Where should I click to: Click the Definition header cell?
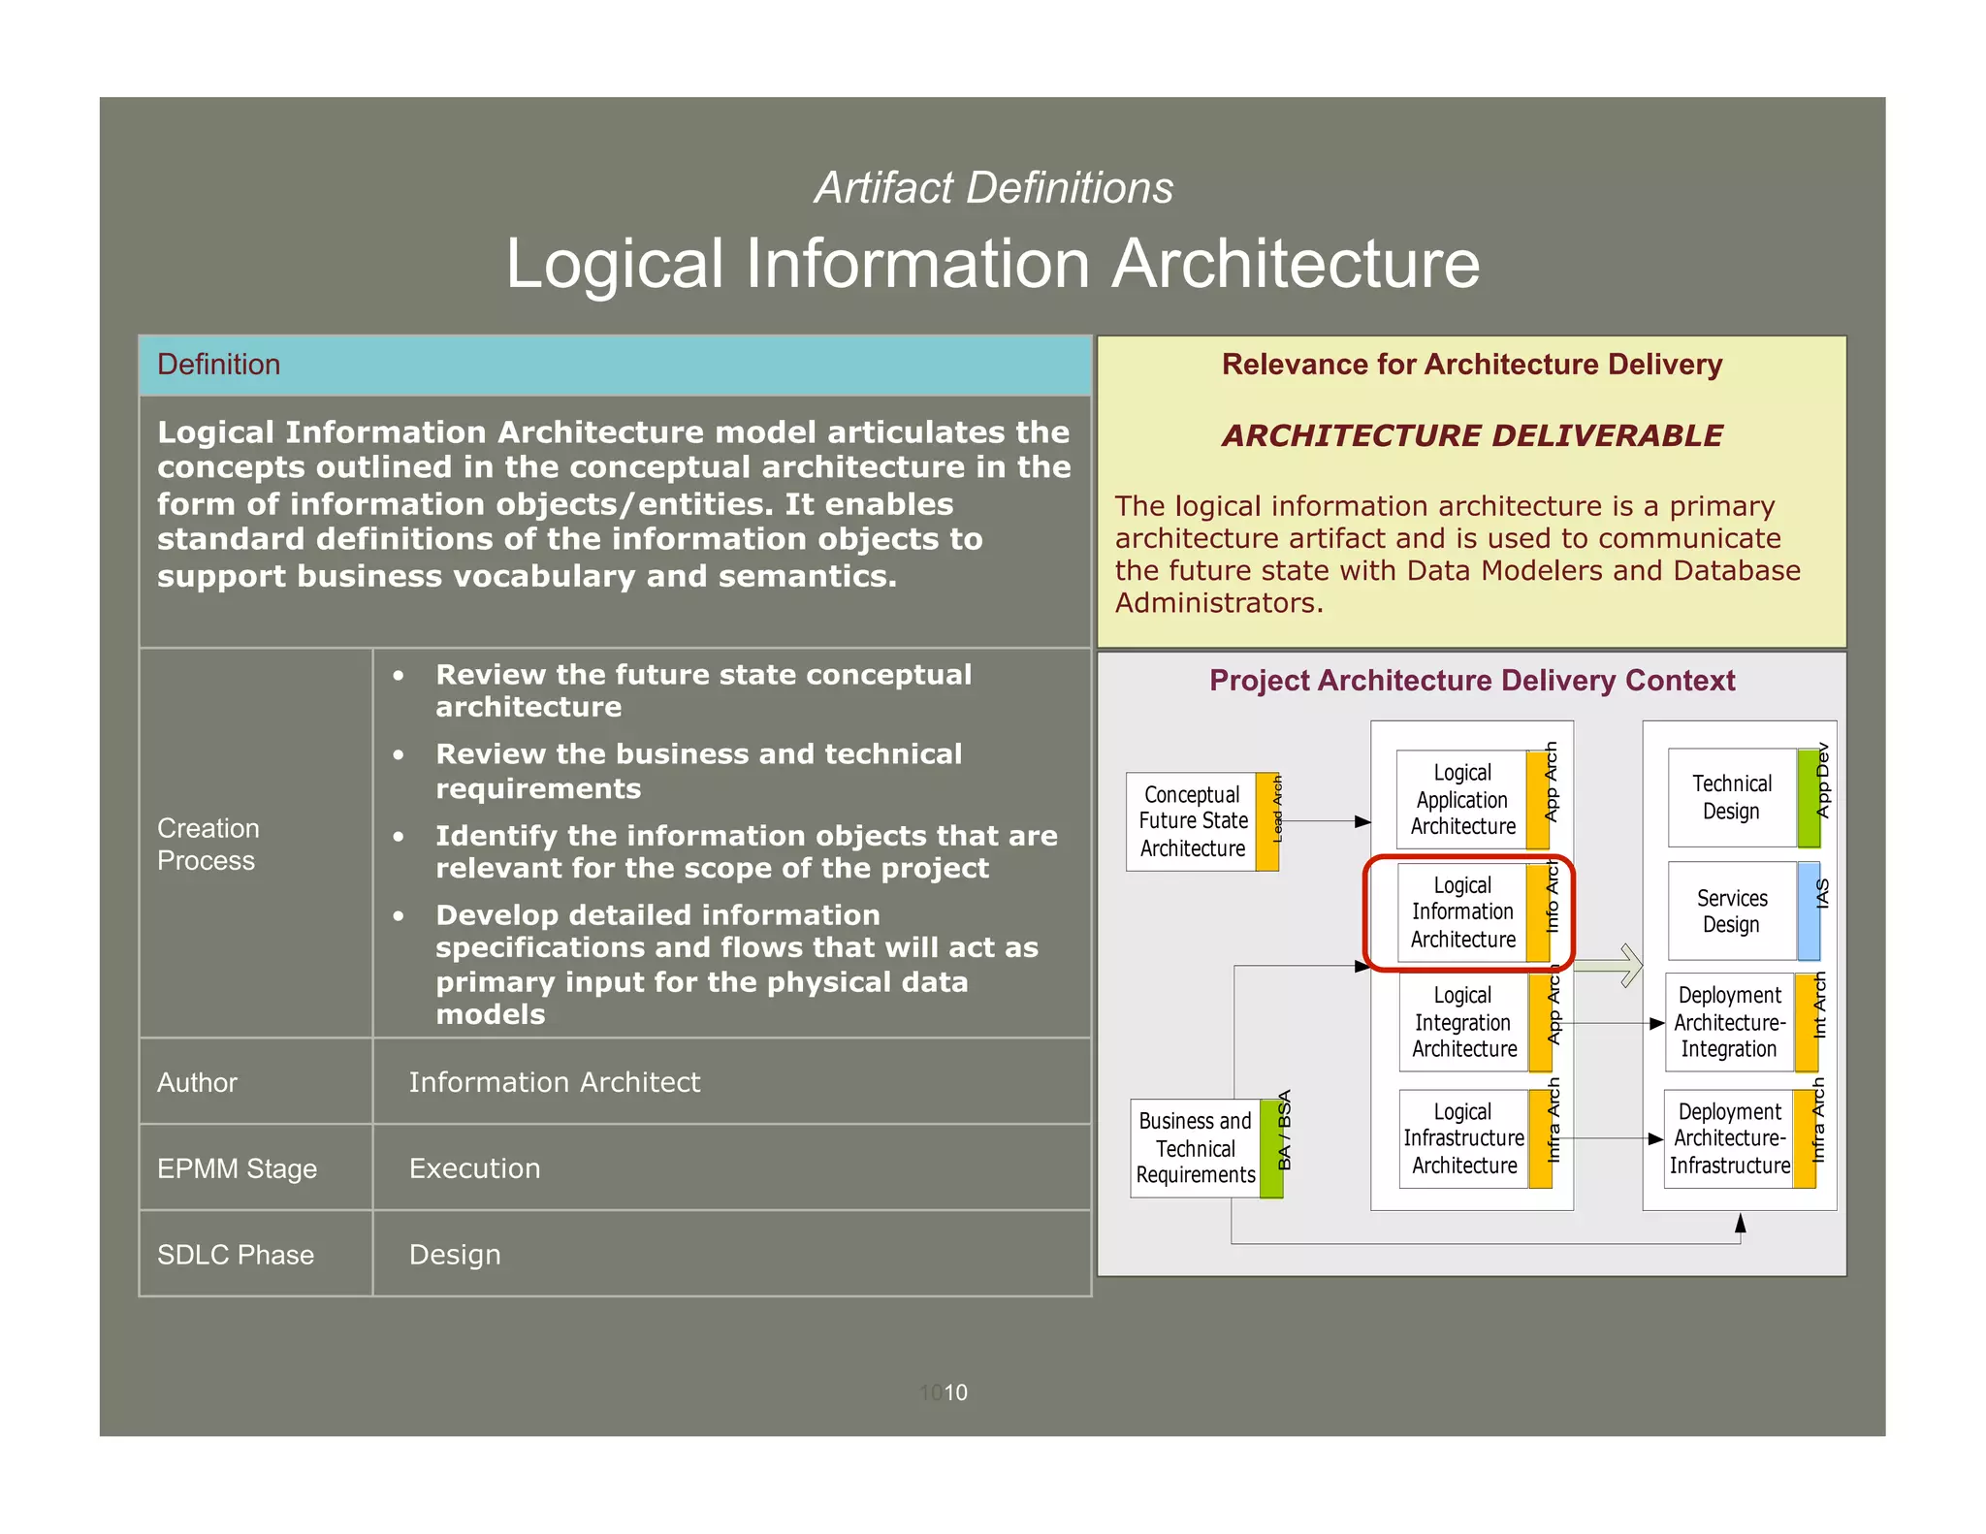pyautogui.click(x=615, y=365)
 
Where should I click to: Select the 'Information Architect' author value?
pyautogui.click(x=554, y=1082)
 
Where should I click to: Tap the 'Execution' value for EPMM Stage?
pyautogui.click(x=474, y=1168)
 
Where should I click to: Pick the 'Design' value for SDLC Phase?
pyautogui.click(x=455, y=1255)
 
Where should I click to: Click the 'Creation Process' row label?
pyautogui.click(x=208, y=844)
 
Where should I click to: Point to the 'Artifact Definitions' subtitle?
pyautogui.click(x=993, y=188)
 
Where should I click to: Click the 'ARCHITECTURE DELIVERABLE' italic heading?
pyautogui.click(x=1472, y=435)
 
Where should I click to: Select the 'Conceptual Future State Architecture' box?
pyautogui.click(x=1192, y=821)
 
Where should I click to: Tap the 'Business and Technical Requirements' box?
pyautogui.click(x=1195, y=1148)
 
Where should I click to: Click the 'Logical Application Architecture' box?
pyautogui.click(x=1462, y=800)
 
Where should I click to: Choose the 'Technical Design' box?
pyautogui.click(x=1731, y=797)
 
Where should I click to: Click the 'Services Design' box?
pyautogui.click(x=1732, y=911)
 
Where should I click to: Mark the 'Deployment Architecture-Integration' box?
pyautogui.click(x=1729, y=1022)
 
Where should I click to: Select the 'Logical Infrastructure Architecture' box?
pyautogui.click(x=1463, y=1138)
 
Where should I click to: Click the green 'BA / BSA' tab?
pyautogui.click(x=1272, y=1148)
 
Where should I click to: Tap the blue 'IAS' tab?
pyautogui.click(x=1810, y=911)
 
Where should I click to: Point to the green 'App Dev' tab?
pyautogui.click(x=1810, y=797)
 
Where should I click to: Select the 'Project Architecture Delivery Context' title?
pyautogui.click(x=1471, y=681)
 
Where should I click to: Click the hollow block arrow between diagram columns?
pyautogui.click(x=1610, y=966)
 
